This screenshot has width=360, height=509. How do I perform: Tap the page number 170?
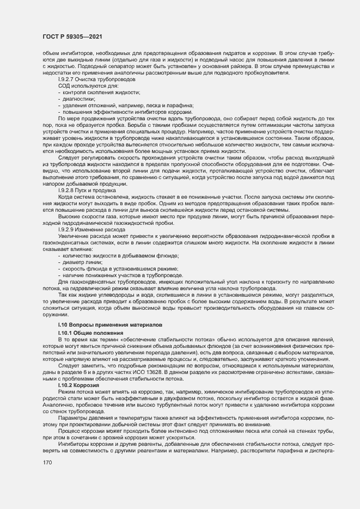pos(47,462)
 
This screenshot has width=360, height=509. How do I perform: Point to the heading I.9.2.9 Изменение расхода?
pos(91,230)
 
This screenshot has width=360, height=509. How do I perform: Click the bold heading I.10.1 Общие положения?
pos(90,332)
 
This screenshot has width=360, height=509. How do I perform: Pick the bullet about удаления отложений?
pos(118,105)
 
